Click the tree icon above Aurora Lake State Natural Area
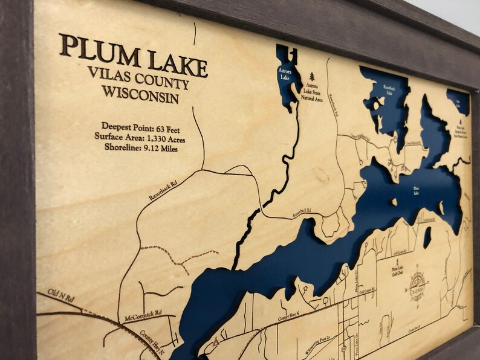click(312, 77)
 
